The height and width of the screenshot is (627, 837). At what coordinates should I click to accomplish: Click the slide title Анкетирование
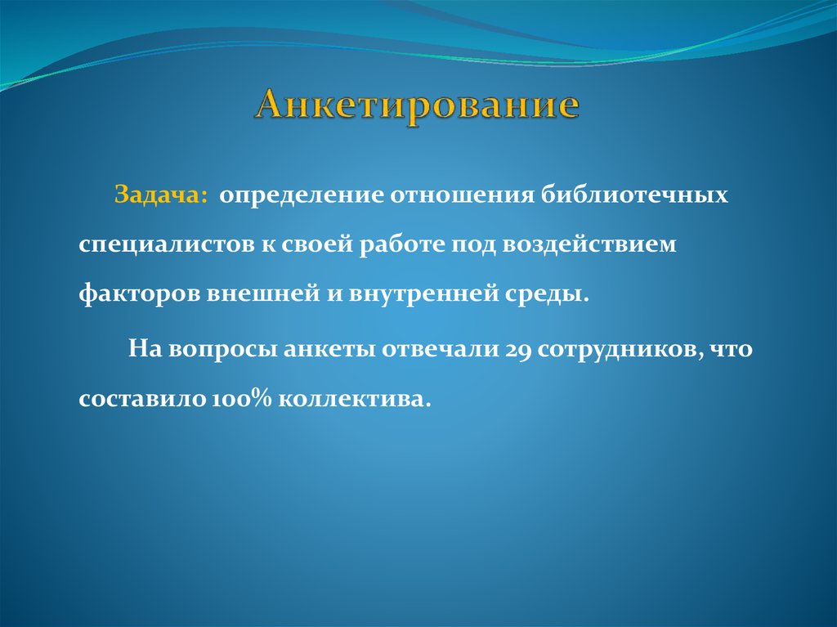tap(418, 108)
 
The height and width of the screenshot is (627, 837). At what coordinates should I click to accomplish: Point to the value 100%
tap(242, 399)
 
